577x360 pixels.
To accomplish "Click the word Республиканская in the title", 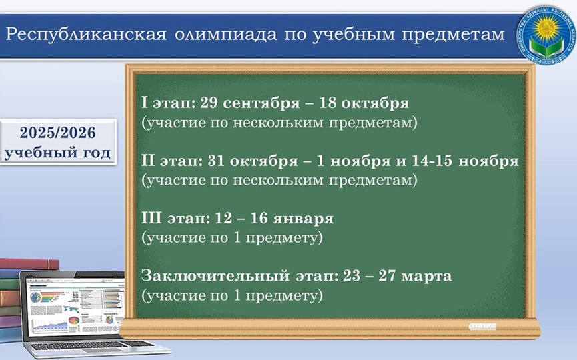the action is [x=86, y=35].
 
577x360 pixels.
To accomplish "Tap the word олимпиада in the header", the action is [x=225, y=35].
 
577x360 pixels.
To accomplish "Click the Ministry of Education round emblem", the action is [x=546, y=35].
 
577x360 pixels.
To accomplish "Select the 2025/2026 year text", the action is [x=58, y=133].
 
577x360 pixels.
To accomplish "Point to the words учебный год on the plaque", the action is [x=57, y=153].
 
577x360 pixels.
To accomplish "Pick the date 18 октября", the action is [x=364, y=103].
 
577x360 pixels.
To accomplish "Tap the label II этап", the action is [x=172, y=161].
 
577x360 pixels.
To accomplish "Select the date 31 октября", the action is [x=253, y=161].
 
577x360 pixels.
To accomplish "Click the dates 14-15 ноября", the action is [x=465, y=161].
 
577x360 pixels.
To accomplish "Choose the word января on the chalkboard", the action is [x=303, y=219].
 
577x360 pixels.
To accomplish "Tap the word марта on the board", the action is [x=426, y=277].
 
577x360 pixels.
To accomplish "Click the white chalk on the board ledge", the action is [x=482, y=327].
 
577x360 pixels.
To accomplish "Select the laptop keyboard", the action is [x=92, y=345].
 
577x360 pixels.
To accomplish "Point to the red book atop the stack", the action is [x=29, y=264].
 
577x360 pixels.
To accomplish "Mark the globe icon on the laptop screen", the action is [x=35, y=297].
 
